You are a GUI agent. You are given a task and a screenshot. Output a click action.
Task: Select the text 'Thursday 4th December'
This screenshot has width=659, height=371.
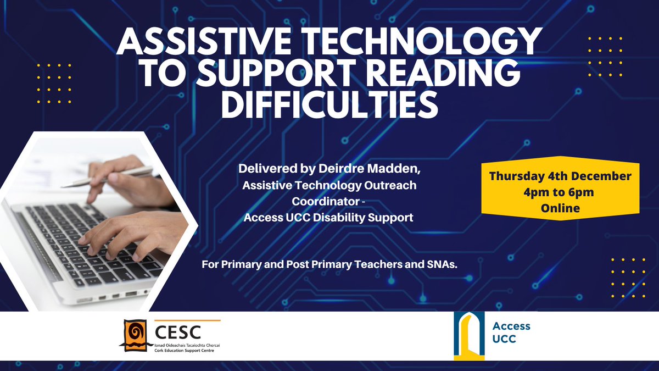point(561,177)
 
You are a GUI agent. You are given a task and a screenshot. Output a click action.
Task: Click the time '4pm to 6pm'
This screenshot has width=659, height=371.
point(561,193)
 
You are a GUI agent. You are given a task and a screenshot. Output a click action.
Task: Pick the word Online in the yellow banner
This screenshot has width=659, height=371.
point(561,209)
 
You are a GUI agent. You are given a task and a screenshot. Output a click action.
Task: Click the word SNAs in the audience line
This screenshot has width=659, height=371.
point(444,264)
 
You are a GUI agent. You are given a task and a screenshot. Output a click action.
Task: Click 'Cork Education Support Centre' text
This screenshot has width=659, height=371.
point(180,351)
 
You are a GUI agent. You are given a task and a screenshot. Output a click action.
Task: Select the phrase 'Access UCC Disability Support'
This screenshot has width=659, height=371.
point(328,218)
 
